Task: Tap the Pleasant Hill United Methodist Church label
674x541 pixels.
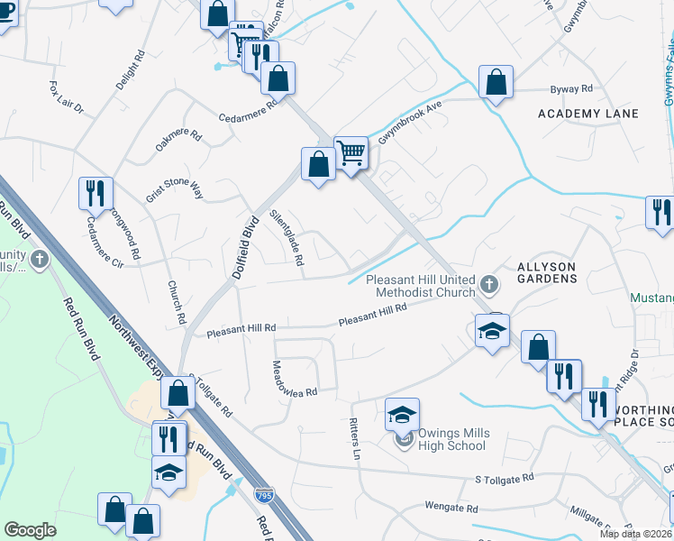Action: click(x=421, y=286)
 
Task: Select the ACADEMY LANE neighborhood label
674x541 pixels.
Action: click(x=587, y=114)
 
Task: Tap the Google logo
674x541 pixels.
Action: click(x=30, y=530)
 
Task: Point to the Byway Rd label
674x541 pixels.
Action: click(x=571, y=89)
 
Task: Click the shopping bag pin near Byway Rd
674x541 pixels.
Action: click(x=496, y=83)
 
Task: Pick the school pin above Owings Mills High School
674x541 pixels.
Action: click(x=402, y=415)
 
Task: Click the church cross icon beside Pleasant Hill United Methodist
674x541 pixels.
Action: click(x=488, y=286)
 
